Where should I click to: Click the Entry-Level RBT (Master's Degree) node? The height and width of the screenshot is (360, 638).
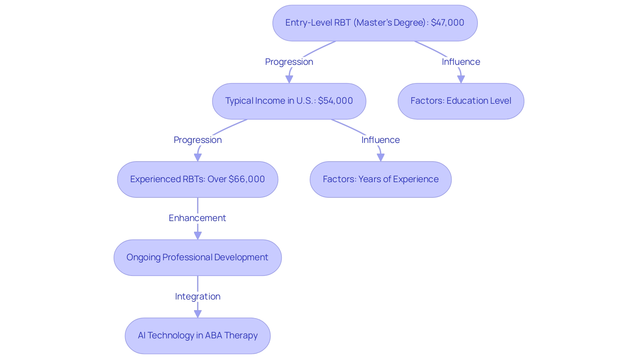pos(375,23)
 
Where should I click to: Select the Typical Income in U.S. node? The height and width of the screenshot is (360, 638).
pos(289,101)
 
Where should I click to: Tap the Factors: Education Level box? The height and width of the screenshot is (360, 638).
pos(461,101)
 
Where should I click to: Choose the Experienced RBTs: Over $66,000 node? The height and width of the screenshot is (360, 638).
pos(197,180)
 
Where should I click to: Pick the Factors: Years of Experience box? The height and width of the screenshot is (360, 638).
pos(380,180)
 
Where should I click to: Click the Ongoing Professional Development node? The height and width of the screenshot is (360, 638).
pos(197,258)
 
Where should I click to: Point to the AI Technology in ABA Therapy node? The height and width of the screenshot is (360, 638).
pos(197,336)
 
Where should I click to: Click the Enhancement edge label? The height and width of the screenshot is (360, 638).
pos(197,218)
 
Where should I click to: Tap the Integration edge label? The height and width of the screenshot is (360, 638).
pos(197,297)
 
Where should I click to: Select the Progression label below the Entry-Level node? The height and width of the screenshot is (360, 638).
pos(289,62)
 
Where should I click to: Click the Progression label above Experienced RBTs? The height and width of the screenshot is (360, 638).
pos(197,140)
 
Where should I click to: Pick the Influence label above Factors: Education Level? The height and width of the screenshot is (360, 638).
pos(461,62)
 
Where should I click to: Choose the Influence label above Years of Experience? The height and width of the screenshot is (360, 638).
pos(380,140)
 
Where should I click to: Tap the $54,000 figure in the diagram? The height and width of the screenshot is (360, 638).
pos(335,101)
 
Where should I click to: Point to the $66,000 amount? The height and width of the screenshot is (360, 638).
pos(247,179)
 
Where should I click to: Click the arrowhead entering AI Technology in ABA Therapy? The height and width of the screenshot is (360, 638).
pos(198,314)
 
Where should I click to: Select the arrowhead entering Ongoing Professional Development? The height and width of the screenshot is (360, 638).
pos(198,235)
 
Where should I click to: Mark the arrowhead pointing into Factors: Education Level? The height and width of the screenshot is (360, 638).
pos(461,79)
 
